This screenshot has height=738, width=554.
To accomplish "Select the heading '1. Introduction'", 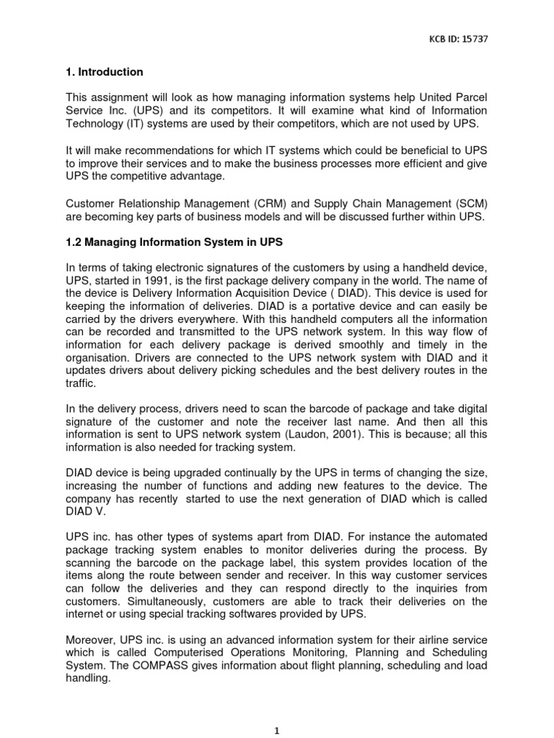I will tap(105, 72).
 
